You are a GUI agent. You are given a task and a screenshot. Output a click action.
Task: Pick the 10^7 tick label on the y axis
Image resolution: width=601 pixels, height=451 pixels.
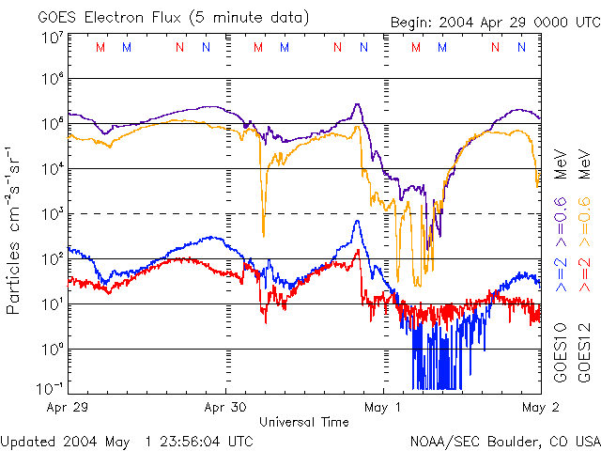[x=51, y=39]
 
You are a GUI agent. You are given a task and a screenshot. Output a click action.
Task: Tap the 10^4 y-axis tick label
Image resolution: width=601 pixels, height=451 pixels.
[x=51, y=169]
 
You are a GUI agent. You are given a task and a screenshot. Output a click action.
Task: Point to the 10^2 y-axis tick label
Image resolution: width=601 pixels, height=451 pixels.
[x=51, y=259]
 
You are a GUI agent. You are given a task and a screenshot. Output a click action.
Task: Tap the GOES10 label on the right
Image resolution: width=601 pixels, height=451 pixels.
[x=562, y=352]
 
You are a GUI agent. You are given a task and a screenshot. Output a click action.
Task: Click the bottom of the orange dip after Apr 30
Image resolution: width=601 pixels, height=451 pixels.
[x=263, y=235]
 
